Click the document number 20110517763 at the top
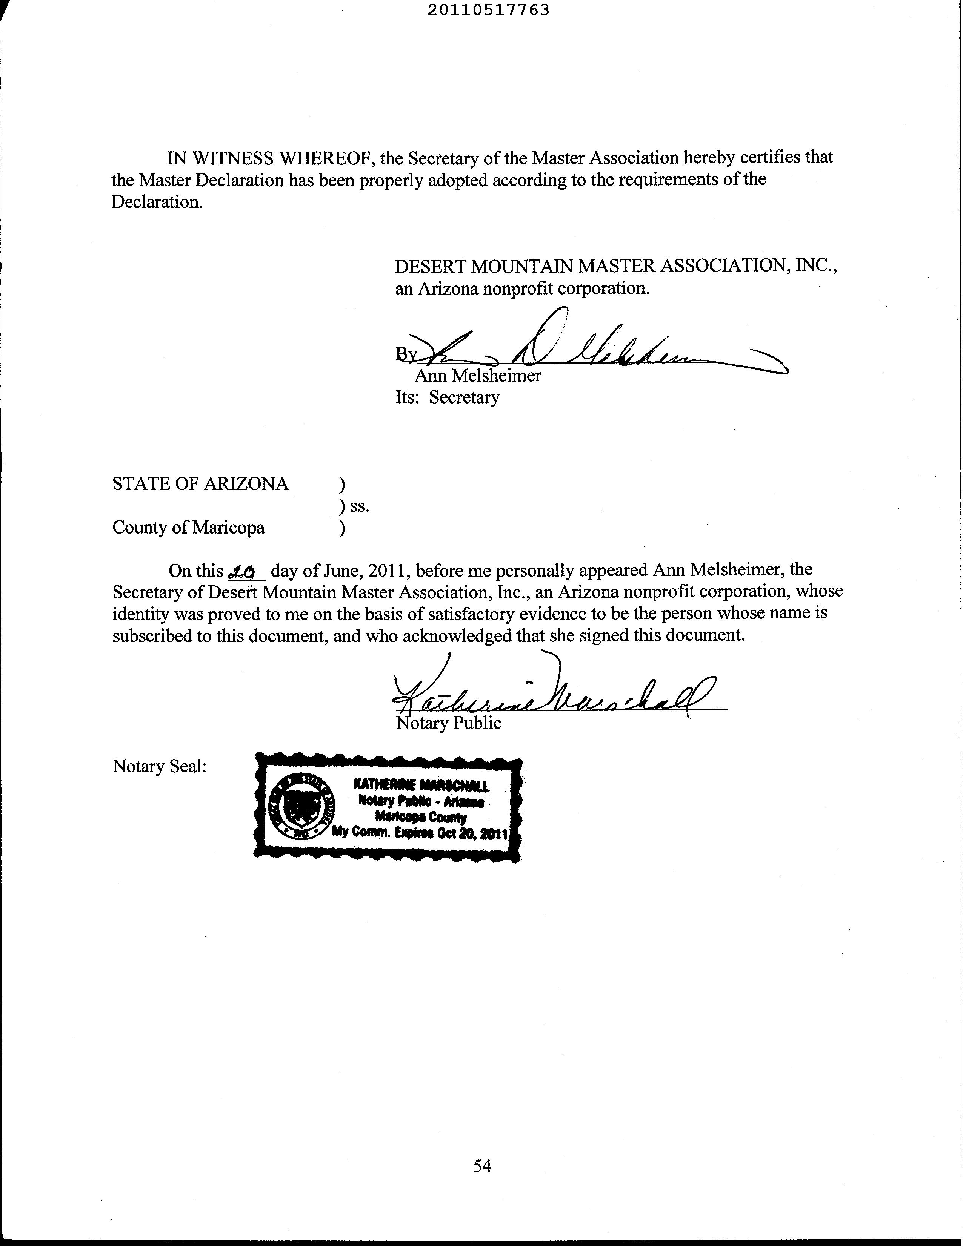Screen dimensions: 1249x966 click(x=488, y=10)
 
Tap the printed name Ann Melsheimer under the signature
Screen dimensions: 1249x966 click(x=478, y=376)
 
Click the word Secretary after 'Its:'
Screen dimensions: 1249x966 click(x=464, y=397)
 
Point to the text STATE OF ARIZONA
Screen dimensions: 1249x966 click(x=200, y=484)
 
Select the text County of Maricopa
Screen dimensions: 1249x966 click(x=188, y=527)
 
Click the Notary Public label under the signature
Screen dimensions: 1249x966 click(x=449, y=723)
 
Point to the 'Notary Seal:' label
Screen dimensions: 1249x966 click(x=159, y=766)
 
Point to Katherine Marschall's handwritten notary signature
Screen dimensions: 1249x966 click(x=549, y=692)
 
